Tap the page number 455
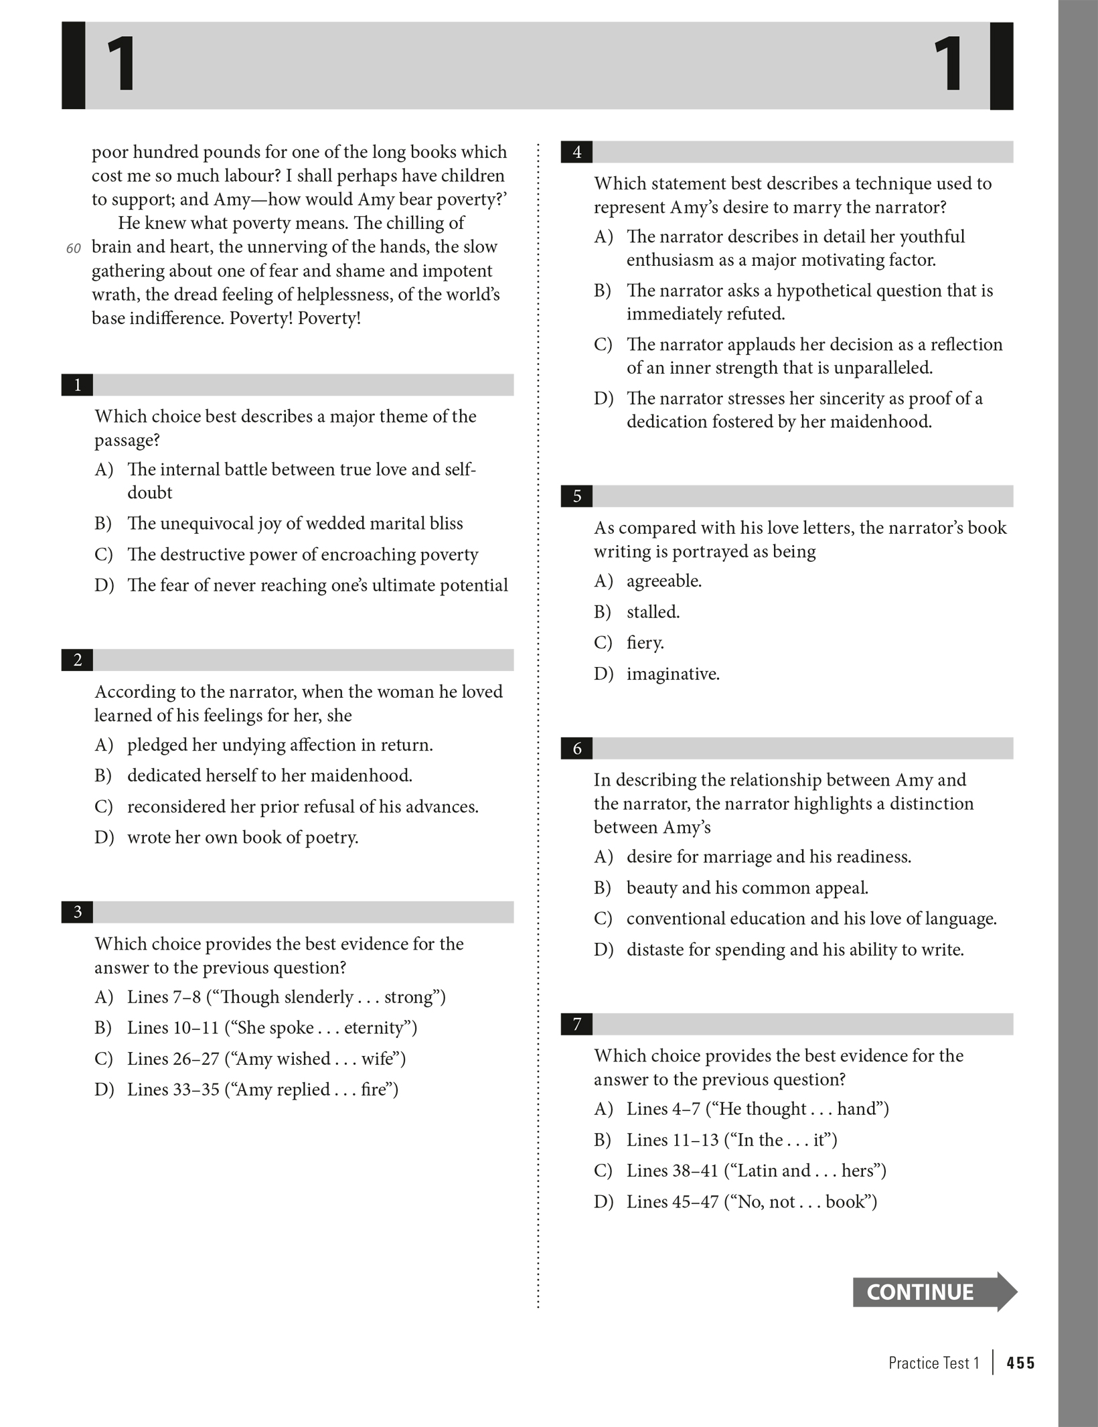click(x=1020, y=1363)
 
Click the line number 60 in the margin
click(x=74, y=248)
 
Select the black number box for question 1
click(x=77, y=385)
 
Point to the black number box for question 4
click(x=576, y=153)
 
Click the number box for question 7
click(x=576, y=1025)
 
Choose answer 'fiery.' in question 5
click(x=645, y=643)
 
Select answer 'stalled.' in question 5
click(x=653, y=612)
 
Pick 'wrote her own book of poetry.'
click(x=242, y=838)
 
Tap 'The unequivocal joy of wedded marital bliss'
click(x=295, y=524)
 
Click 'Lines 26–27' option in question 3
click(x=266, y=1059)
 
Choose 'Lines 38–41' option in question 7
click(x=756, y=1171)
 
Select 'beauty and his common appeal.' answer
click(x=747, y=888)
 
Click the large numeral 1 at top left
click(x=121, y=65)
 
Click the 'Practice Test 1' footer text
click(x=933, y=1363)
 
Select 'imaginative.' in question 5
click(x=673, y=674)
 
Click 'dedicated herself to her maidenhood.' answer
click(x=269, y=775)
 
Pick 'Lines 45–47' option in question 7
click(x=751, y=1202)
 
